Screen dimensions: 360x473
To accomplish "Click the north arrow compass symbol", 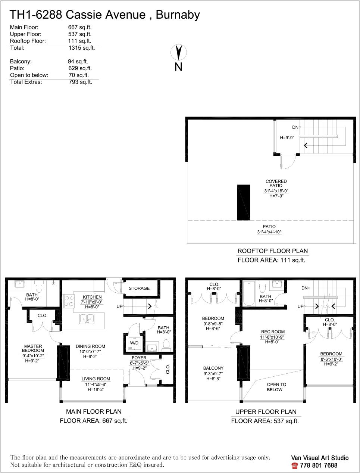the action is tap(178, 52).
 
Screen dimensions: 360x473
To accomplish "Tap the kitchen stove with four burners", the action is tap(69, 301).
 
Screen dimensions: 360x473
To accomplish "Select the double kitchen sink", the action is tap(87, 319).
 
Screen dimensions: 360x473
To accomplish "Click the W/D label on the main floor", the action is tap(134, 343).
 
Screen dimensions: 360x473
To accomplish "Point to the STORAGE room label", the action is tap(139, 288).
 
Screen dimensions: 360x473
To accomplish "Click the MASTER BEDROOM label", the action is tap(33, 348).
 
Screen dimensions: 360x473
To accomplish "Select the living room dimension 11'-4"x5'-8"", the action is tap(96, 384).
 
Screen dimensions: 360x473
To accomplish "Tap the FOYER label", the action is tap(139, 358).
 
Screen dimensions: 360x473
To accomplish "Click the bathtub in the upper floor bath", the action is tap(249, 293).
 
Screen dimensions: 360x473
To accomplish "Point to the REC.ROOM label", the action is tap(273, 332).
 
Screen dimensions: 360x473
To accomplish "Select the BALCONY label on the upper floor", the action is tap(213, 368).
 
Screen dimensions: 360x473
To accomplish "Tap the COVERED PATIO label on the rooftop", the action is tap(276, 183).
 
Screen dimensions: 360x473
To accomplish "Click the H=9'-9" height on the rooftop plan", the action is tap(287, 137).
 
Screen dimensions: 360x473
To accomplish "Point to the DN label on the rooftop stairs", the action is tap(295, 127).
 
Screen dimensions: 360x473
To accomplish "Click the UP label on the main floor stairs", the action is tap(119, 306).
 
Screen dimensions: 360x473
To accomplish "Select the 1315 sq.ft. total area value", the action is tap(82, 48).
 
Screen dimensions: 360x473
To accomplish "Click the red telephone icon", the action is tap(294, 466).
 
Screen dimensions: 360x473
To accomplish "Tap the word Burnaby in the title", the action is tap(178, 15).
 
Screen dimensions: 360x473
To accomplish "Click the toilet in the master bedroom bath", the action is tap(39, 286).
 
